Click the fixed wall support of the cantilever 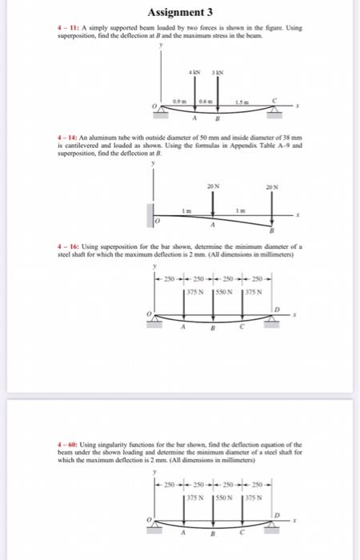(150, 216)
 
